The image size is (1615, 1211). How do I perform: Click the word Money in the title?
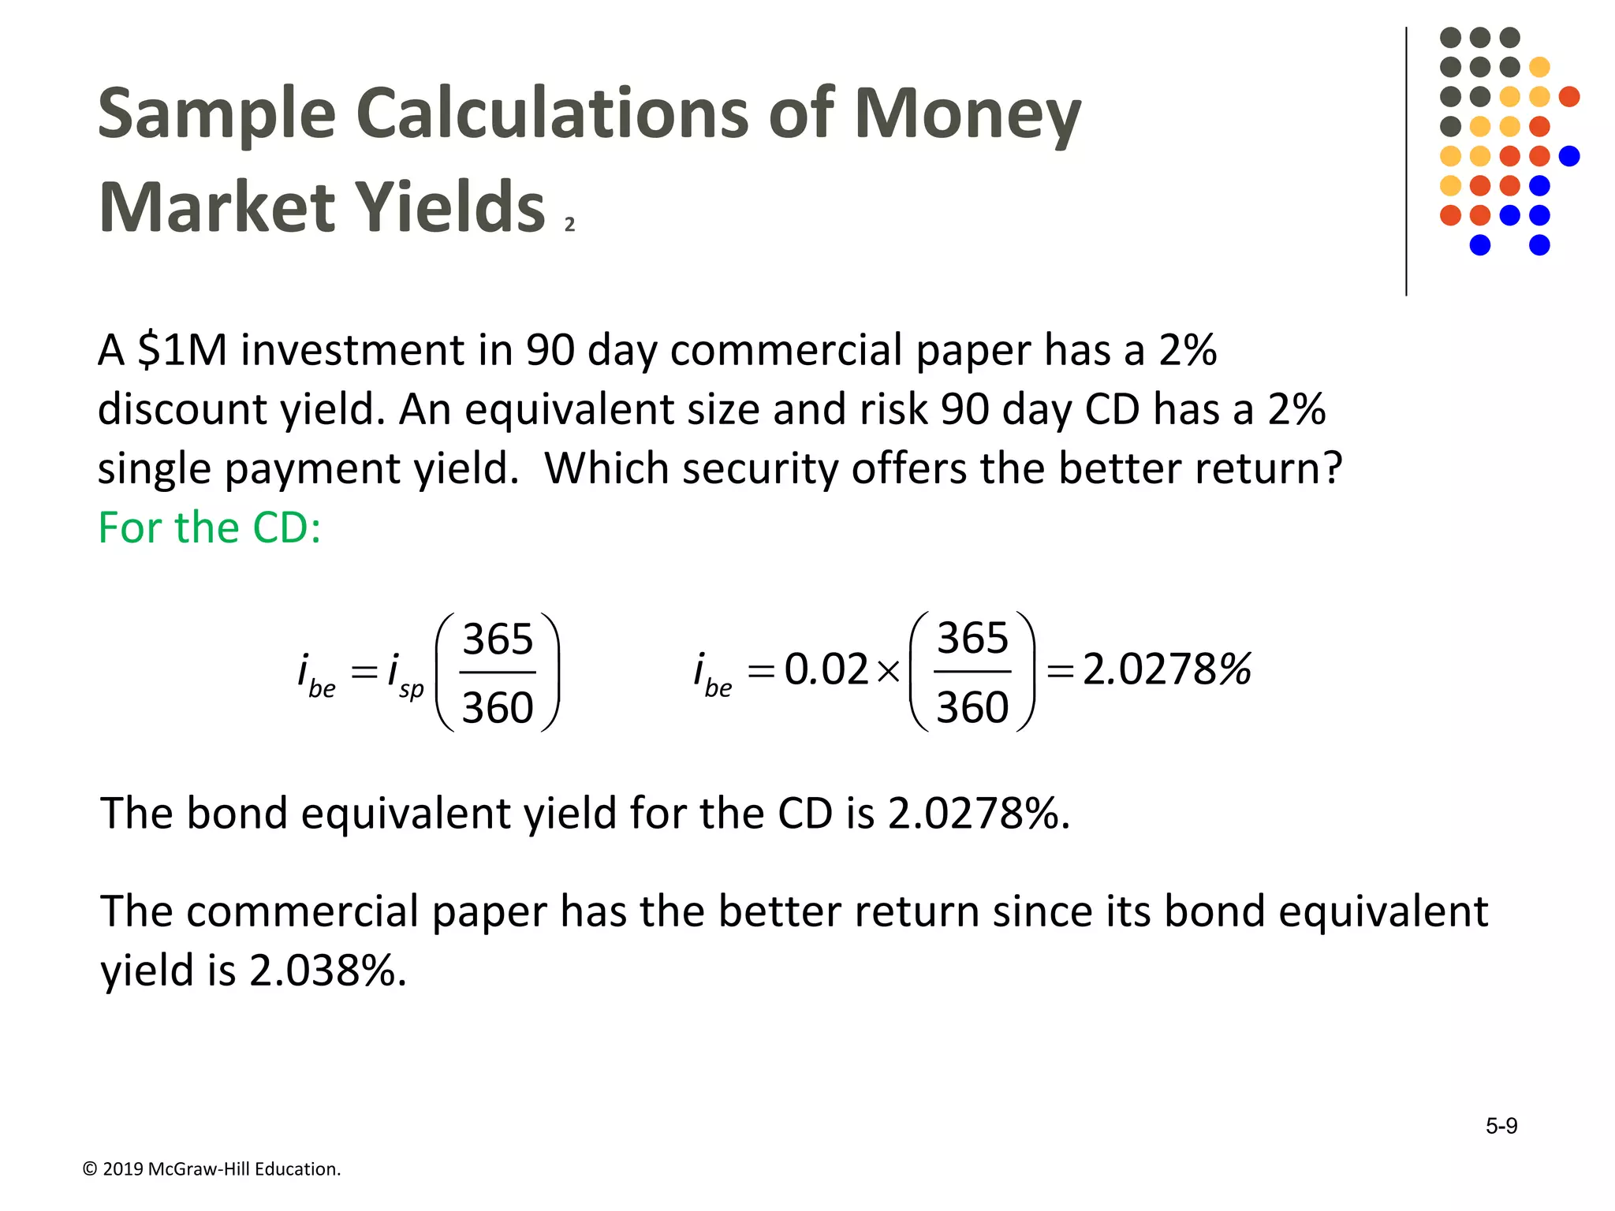coord(968,114)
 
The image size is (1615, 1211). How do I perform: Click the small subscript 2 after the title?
coord(569,225)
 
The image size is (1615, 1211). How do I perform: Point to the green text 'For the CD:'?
coord(209,527)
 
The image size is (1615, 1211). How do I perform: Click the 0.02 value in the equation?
coord(826,669)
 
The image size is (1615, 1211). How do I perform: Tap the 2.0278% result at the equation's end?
coord(1166,669)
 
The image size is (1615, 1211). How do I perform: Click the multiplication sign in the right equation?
coord(889,671)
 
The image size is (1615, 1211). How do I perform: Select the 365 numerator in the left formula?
coord(498,639)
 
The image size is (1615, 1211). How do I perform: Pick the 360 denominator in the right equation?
coord(972,706)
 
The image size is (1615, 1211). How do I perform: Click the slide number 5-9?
coord(1501,1126)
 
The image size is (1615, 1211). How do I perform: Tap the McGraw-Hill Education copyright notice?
coord(211,1168)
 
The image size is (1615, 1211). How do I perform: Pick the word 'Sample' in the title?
coord(217,114)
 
